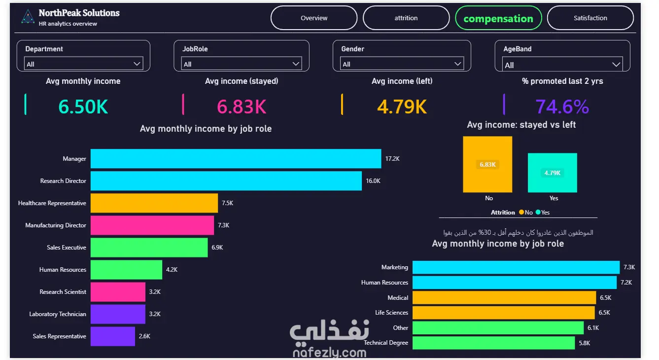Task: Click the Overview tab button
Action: point(314,18)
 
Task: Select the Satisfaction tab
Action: point(590,18)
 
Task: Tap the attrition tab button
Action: point(406,18)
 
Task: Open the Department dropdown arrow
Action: point(137,64)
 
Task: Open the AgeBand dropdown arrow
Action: point(616,65)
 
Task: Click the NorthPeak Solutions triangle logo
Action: point(28,16)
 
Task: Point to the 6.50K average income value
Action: point(83,107)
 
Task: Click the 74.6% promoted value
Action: point(562,107)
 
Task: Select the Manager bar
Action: point(236,159)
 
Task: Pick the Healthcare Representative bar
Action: point(154,203)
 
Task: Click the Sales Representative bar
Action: point(113,336)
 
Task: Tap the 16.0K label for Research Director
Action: point(373,180)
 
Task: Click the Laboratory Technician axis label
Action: point(58,314)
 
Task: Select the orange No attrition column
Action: point(487,164)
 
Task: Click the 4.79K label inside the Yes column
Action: point(552,173)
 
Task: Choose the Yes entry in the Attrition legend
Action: point(543,212)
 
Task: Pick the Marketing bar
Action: point(516,267)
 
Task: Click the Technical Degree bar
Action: point(494,343)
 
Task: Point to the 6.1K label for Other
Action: point(593,328)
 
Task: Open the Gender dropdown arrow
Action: point(457,64)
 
